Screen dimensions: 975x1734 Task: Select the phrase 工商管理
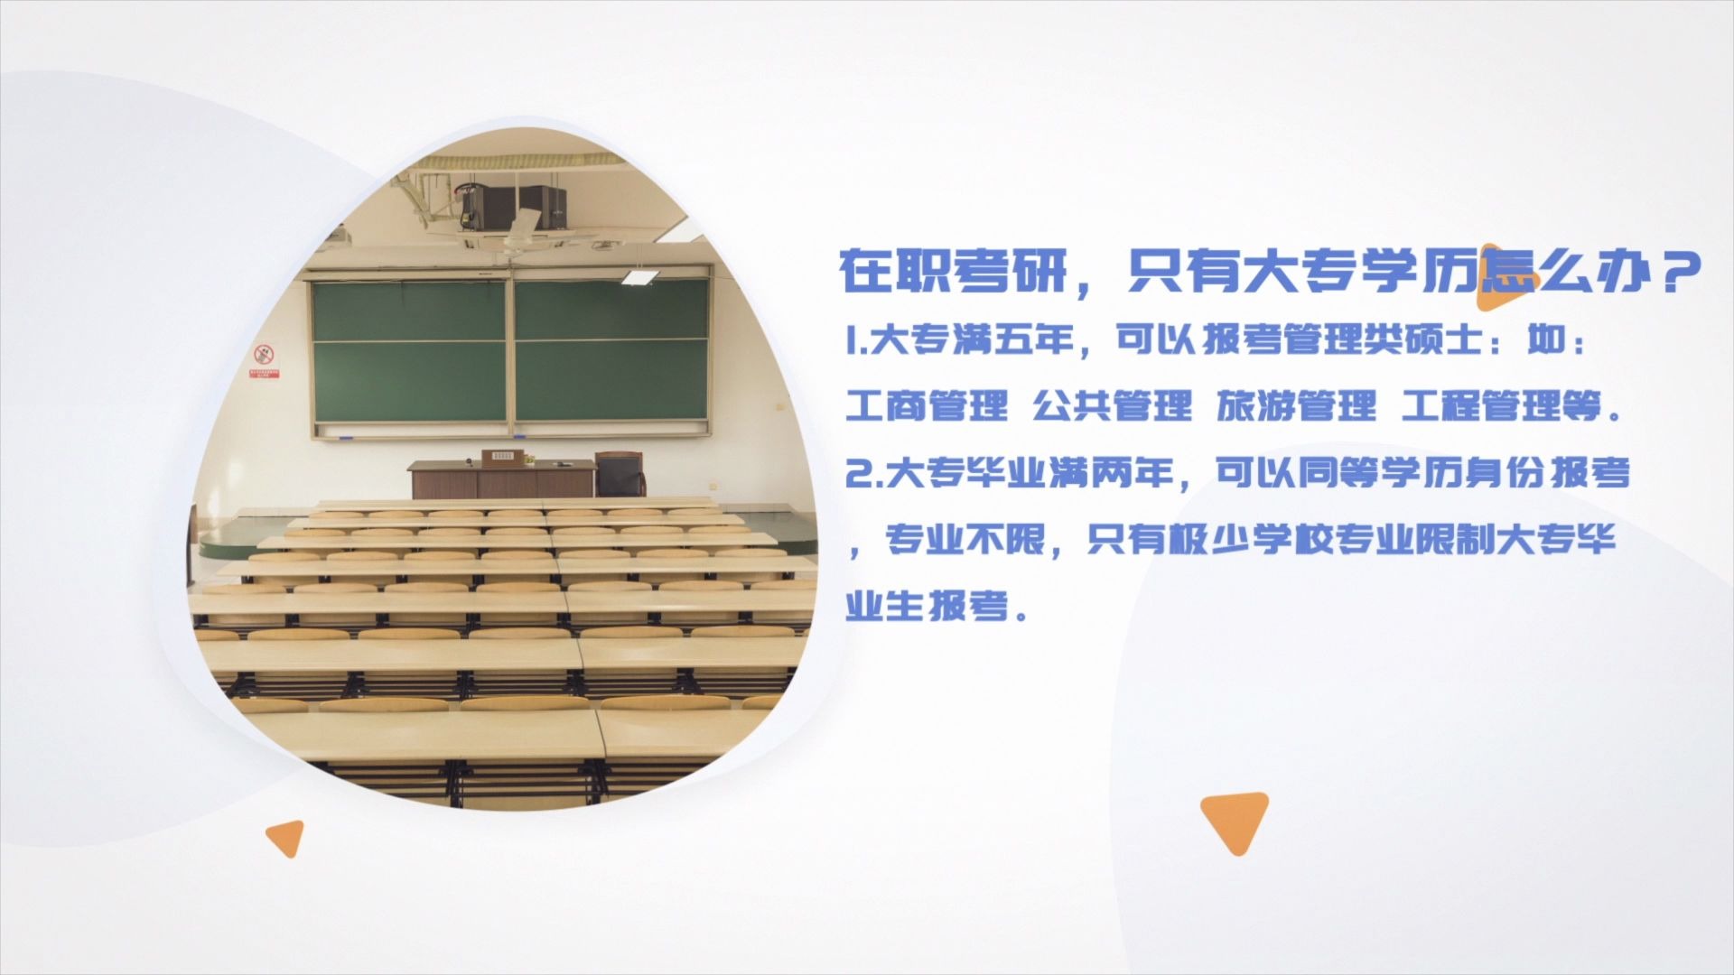(927, 406)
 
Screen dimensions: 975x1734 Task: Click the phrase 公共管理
(1112, 406)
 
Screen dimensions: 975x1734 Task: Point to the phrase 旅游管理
(1296, 406)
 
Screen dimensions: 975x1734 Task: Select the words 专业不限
(965, 540)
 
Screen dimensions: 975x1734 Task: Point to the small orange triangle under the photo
(287, 837)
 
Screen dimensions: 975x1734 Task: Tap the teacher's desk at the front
(500, 478)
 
